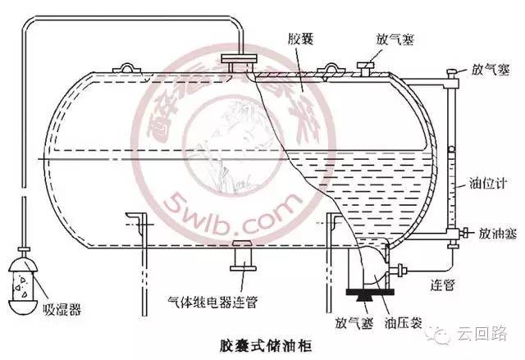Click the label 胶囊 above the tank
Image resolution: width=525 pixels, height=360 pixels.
(301, 39)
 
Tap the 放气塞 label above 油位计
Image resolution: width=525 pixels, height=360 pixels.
(488, 71)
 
